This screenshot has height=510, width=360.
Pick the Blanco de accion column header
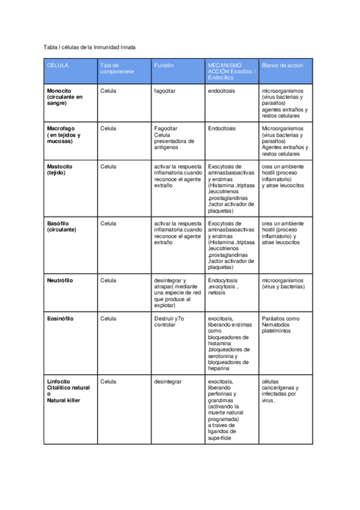click(282, 64)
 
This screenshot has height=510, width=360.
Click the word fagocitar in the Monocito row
click(165, 91)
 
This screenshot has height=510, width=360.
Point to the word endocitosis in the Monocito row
click(222, 91)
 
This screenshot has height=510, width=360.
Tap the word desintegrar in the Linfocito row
click(168, 381)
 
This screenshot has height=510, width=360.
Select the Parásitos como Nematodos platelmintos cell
click(281, 325)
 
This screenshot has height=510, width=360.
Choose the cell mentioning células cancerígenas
click(279, 390)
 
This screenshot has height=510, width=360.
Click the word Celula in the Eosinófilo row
click(109, 318)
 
